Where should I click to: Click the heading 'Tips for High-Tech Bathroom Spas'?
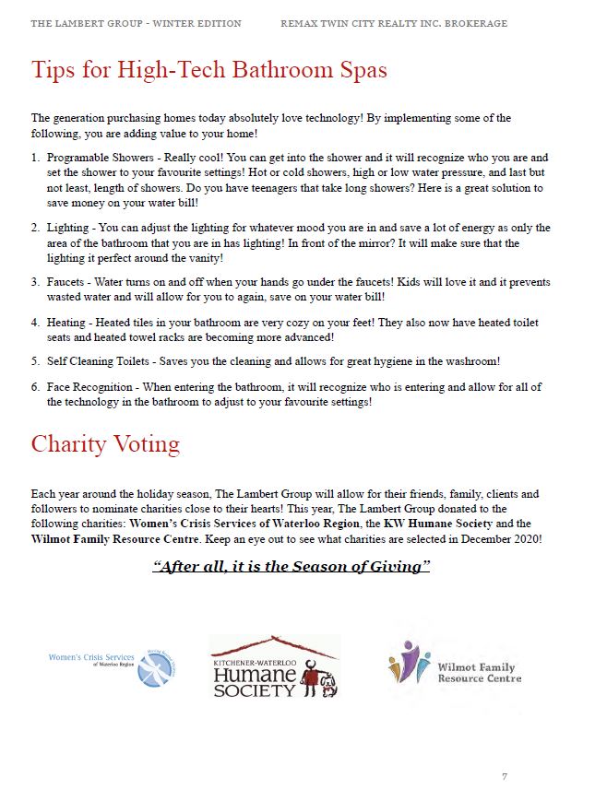tap(209, 69)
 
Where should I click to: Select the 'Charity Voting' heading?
tap(105, 444)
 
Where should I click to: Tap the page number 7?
tap(505, 776)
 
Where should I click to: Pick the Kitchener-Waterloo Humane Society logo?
tap(274, 666)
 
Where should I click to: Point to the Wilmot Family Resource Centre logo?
tap(455, 666)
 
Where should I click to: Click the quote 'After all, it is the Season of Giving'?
tap(291, 566)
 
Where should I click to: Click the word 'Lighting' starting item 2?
tap(67, 228)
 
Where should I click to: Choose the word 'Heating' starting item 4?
tap(67, 324)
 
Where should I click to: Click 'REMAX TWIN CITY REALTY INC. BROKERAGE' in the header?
tap(394, 23)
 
